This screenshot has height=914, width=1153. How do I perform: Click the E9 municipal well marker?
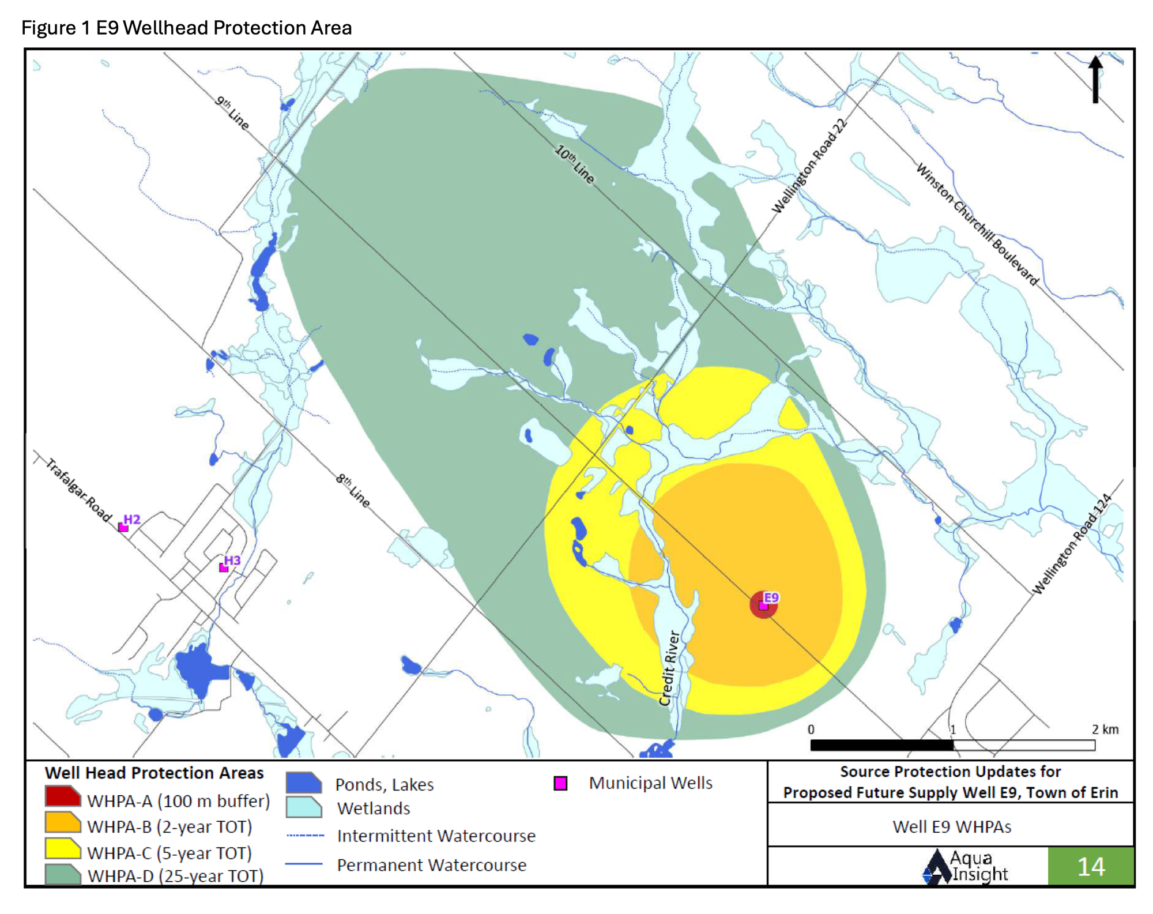(763, 605)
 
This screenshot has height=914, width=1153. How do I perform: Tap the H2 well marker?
(123, 527)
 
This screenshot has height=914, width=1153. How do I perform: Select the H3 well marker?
(224, 568)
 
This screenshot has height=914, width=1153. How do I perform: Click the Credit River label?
(670, 668)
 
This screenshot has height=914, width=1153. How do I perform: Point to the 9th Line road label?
(232, 112)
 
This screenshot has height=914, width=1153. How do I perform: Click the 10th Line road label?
(574, 164)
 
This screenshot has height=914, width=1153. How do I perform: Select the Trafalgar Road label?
(78, 490)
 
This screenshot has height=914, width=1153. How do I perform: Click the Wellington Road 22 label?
(809, 166)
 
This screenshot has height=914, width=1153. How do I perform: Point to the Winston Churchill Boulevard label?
(977, 224)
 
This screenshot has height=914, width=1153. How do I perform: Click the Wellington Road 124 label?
(1071, 544)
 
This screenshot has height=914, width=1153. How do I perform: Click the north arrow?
(1095, 80)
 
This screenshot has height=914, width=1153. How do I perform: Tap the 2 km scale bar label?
(1105, 729)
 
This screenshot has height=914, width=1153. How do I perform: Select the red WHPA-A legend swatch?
(63, 796)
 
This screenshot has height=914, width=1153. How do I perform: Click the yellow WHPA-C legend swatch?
(63, 849)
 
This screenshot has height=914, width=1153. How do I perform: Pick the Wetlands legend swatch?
(303, 807)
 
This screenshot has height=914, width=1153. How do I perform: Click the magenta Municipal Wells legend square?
(560, 783)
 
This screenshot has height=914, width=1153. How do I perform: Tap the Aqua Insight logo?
(964, 867)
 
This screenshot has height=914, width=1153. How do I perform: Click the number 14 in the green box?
(1091, 867)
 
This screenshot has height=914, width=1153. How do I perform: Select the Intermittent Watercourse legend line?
(305, 835)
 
